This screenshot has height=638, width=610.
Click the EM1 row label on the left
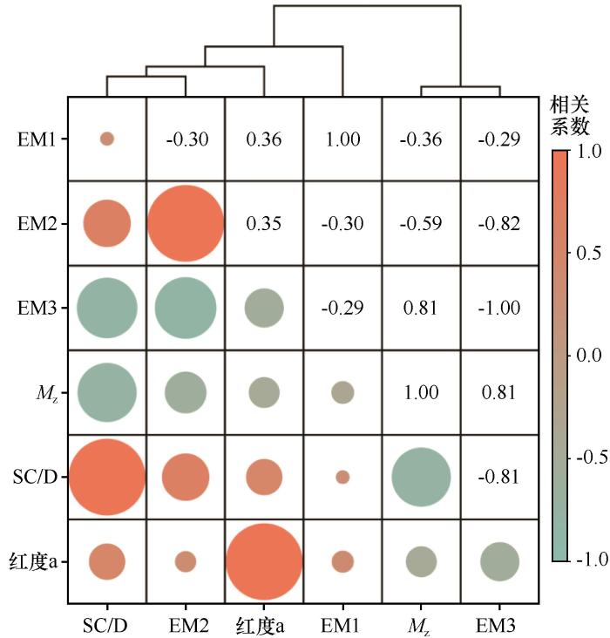coord(37,139)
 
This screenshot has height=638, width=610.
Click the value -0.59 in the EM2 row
coord(421,224)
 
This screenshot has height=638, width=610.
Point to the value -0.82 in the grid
coord(499,224)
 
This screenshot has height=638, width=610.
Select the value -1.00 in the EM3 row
coord(499,309)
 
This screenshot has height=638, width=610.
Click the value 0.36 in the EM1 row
coord(263,139)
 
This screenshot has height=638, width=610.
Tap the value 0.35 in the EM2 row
coord(263,224)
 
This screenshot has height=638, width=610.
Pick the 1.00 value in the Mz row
coord(421,393)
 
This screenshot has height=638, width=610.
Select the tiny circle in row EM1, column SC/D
coord(107,139)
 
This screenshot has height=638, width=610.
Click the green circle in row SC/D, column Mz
coord(421,478)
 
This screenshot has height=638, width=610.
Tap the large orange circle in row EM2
coord(185,223)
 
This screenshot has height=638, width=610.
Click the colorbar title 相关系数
coord(571,116)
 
